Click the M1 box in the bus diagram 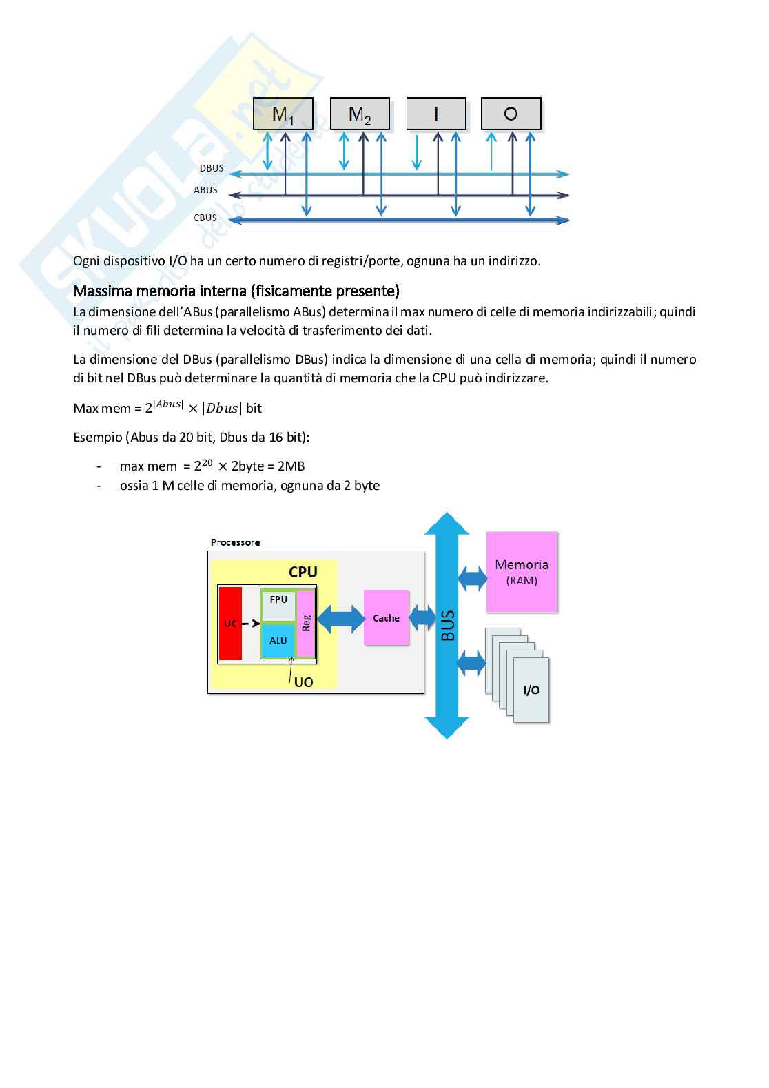[283, 114]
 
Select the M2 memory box [360, 114]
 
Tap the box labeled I [436, 114]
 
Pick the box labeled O [511, 114]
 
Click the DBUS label [211, 168]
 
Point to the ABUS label [205, 190]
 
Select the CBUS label [205, 218]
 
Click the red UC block [230, 624]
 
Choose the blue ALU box [278, 641]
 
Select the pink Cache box [386, 618]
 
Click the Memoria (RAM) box [522, 572]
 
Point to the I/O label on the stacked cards [531, 690]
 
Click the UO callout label [303, 682]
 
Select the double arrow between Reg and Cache [340, 619]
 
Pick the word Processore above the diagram [235, 542]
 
